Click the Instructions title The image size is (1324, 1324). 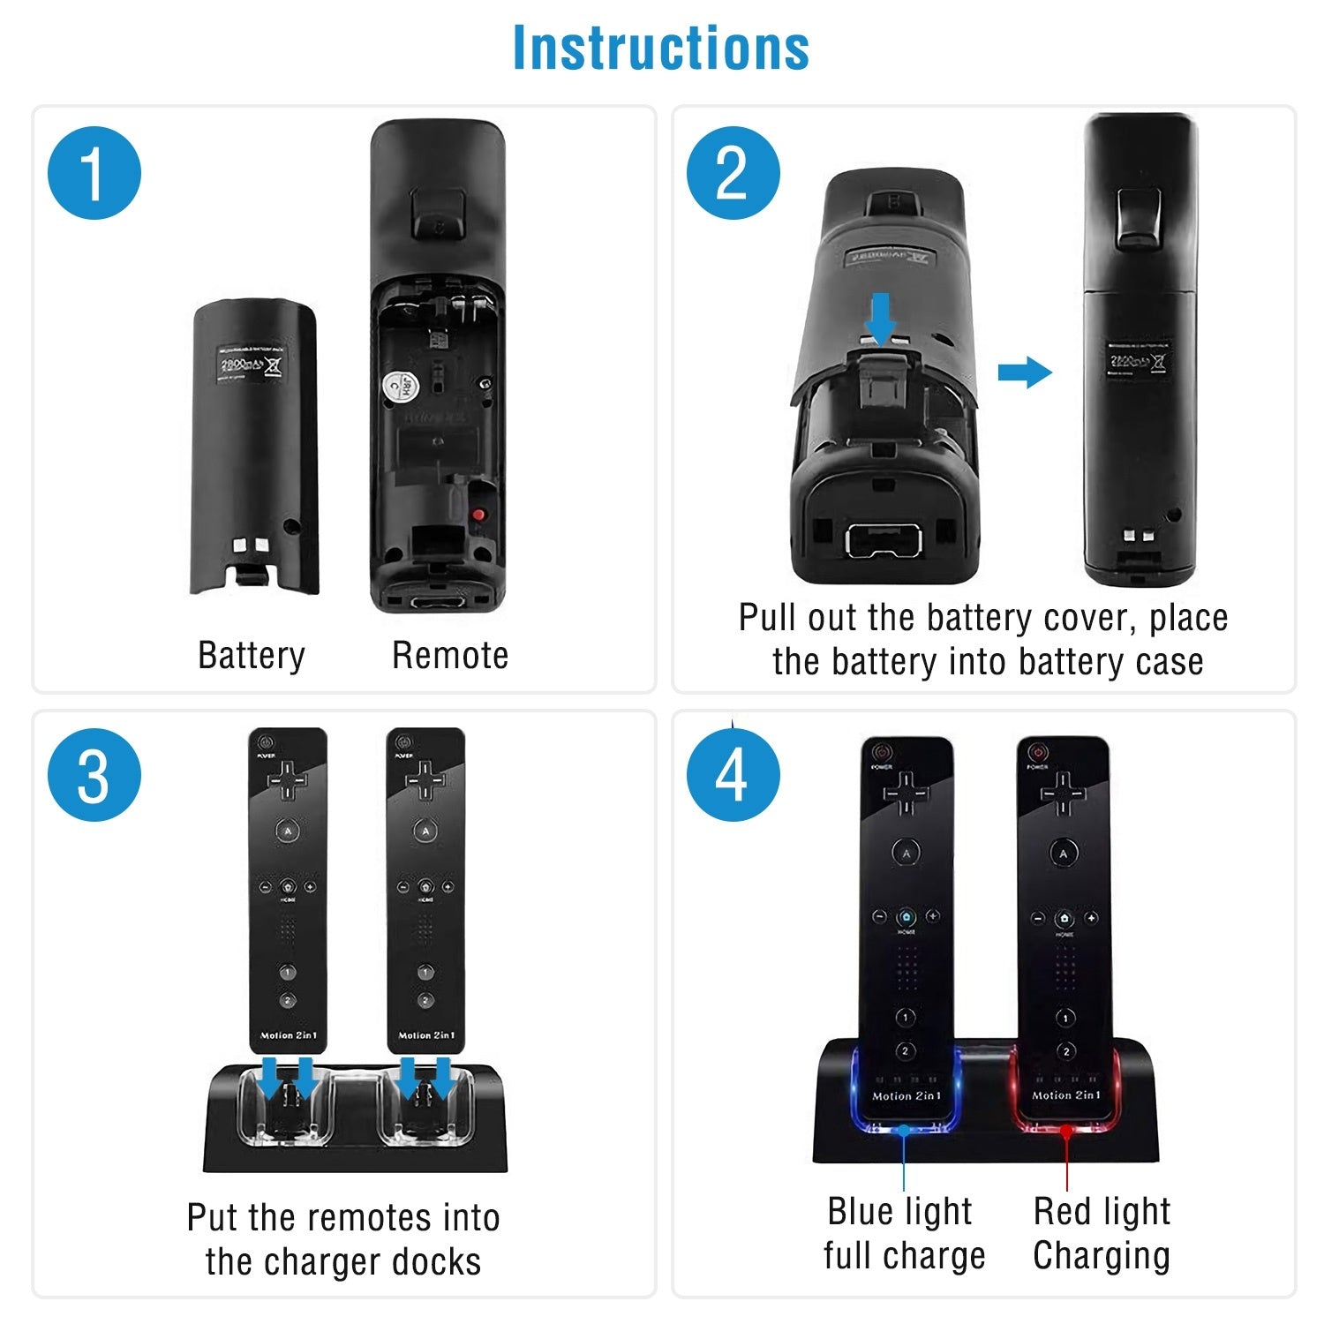[661, 48]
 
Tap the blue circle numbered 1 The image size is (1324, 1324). [94, 173]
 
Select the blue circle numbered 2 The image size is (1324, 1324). [733, 173]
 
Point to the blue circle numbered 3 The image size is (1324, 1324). [94, 775]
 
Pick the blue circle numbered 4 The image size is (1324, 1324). [733, 775]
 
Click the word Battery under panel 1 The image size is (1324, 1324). [252, 656]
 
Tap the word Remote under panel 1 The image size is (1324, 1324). [450, 656]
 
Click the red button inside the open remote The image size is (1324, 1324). [478, 515]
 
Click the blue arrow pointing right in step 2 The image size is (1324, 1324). [1025, 372]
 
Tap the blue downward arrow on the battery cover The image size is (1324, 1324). [880, 319]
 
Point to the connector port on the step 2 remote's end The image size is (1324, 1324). [884, 539]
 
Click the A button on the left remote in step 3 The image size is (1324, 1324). [287, 831]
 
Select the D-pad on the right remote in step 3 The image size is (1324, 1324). [425, 780]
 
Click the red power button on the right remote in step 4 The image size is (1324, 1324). [1038, 752]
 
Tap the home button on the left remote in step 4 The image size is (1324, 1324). [906, 917]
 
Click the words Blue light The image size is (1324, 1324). [899, 1211]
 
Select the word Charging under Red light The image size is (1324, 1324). [1102, 1255]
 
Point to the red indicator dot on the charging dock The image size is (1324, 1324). [1066, 1130]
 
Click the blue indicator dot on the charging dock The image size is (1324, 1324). [904, 1130]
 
